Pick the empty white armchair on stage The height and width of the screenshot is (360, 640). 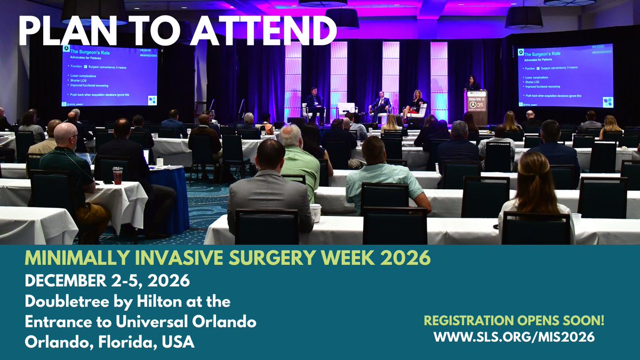[346, 109]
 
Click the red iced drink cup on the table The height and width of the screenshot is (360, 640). [117, 175]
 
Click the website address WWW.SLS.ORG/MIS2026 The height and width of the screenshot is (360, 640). [514, 337]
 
